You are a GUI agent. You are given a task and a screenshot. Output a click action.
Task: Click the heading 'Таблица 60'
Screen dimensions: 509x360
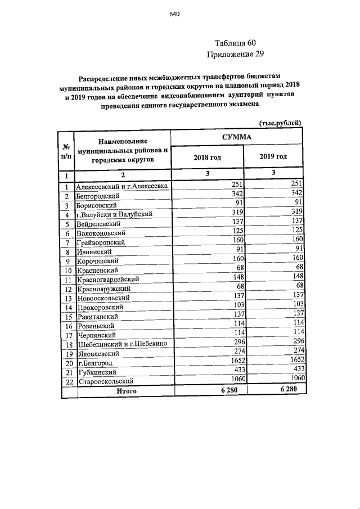tap(235, 43)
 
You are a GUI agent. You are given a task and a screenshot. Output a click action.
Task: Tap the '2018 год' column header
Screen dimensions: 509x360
tap(207, 157)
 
